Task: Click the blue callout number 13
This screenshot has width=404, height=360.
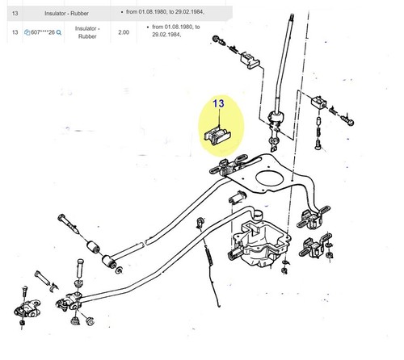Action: [x=218, y=103]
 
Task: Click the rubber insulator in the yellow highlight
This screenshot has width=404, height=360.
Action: [x=217, y=136]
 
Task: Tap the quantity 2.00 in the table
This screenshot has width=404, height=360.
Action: [x=124, y=32]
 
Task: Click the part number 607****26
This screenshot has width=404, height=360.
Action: [x=43, y=32]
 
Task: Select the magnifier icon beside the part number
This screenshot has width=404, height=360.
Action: [x=59, y=32]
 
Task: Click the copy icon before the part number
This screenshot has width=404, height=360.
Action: [x=27, y=32]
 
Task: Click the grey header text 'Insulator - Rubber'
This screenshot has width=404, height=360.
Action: [x=66, y=13]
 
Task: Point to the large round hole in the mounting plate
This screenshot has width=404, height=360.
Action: [x=270, y=178]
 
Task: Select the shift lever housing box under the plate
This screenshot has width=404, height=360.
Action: [x=261, y=243]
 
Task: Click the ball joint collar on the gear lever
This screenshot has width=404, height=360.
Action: [x=276, y=118]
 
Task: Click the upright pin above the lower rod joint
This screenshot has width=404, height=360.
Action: [x=80, y=269]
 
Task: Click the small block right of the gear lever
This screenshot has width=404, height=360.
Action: [x=319, y=103]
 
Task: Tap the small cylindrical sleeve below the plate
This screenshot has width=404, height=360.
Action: [x=238, y=197]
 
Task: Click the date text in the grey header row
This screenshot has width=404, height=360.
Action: [x=165, y=12]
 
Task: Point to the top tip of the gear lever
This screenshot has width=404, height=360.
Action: [x=291, y=15]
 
